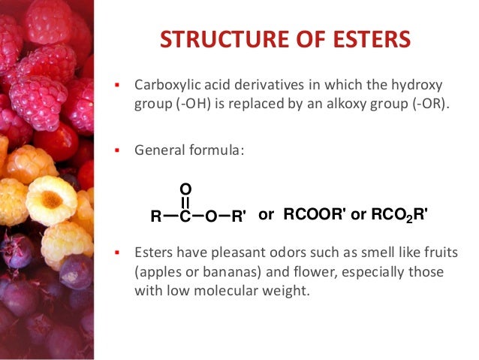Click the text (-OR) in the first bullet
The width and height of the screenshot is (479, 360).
point(428,104)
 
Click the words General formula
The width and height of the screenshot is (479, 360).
point(189,150)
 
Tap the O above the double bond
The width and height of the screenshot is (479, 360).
point(185,188)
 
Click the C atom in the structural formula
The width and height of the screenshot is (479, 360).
point(185,217)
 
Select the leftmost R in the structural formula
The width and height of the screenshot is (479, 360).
point(155,217)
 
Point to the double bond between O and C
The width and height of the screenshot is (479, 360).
point(185,203)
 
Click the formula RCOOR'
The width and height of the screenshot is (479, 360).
point(314,215)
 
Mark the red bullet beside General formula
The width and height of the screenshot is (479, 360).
point(118,150)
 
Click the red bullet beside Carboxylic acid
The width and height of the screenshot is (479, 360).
point(118,86)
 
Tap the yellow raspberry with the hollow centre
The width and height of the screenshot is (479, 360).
point(51,200)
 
